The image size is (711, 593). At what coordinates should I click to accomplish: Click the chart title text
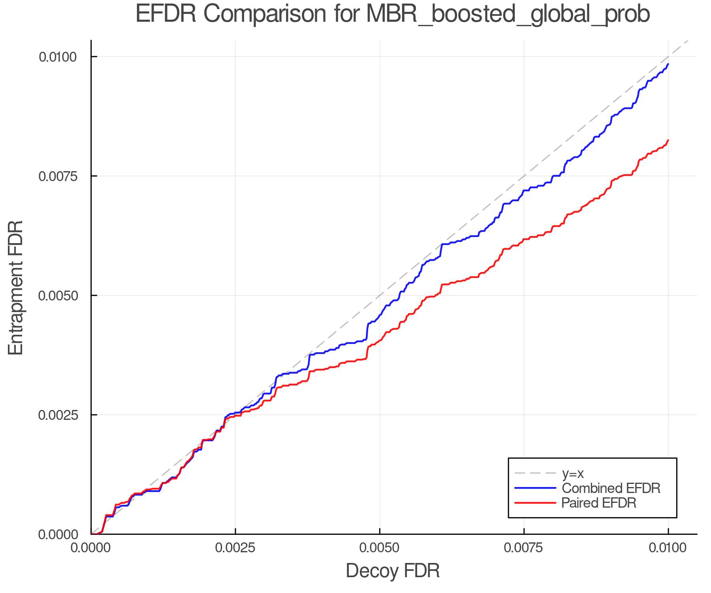[393, 14]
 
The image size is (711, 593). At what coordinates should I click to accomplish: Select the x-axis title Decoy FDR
[393, 571]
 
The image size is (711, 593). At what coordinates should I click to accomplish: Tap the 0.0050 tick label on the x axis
[380, 548]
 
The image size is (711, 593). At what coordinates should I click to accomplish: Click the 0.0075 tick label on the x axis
[524, 548]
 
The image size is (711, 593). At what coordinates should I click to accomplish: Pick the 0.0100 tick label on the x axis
[668, 548]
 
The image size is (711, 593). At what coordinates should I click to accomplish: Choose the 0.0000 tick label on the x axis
[91, 548]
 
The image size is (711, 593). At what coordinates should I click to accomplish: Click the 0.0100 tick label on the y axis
[57, 57]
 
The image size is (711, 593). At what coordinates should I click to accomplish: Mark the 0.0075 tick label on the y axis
[57, 176]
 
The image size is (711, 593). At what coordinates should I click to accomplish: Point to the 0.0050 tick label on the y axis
[57, 295]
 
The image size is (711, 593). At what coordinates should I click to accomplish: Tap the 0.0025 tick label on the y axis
[57, 415]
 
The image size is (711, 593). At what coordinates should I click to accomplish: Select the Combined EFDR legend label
[611, 488]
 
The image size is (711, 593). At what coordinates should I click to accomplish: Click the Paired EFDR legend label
[599, 503]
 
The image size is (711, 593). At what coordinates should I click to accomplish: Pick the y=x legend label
[573, 473]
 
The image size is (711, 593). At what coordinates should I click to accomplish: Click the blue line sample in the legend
[535, 488]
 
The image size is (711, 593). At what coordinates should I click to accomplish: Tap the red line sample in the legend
[535, 503]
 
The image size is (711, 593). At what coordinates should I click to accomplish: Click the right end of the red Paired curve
[668, 140]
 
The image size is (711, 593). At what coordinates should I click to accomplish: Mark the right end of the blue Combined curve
[668, 64]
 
